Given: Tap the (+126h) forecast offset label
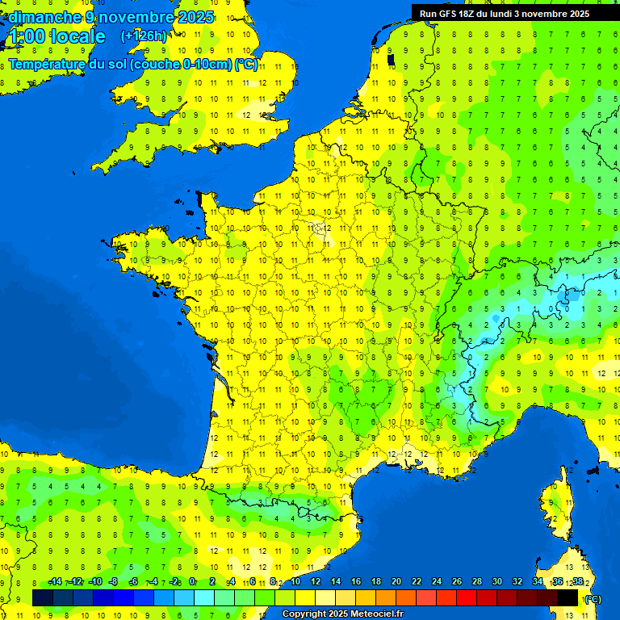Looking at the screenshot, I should (x=144, y=36).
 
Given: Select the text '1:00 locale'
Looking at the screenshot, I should (x=57, y=36).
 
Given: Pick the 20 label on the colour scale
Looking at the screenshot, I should (x=396, y=582).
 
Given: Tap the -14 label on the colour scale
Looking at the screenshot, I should (x=55, y=582).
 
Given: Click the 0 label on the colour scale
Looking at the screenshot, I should (x=192, y=582).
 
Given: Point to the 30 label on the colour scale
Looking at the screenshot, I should (x=497, y=582).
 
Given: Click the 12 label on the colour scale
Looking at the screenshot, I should (x=315, y=582).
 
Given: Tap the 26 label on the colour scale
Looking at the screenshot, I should (x=457, y=582).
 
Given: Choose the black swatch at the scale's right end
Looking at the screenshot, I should (x=568, y=597).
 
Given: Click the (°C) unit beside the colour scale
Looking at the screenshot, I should (x=593, y=599).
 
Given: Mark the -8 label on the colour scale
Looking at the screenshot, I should (x=114, y=582).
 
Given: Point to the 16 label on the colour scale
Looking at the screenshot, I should (x=356, y=582).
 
